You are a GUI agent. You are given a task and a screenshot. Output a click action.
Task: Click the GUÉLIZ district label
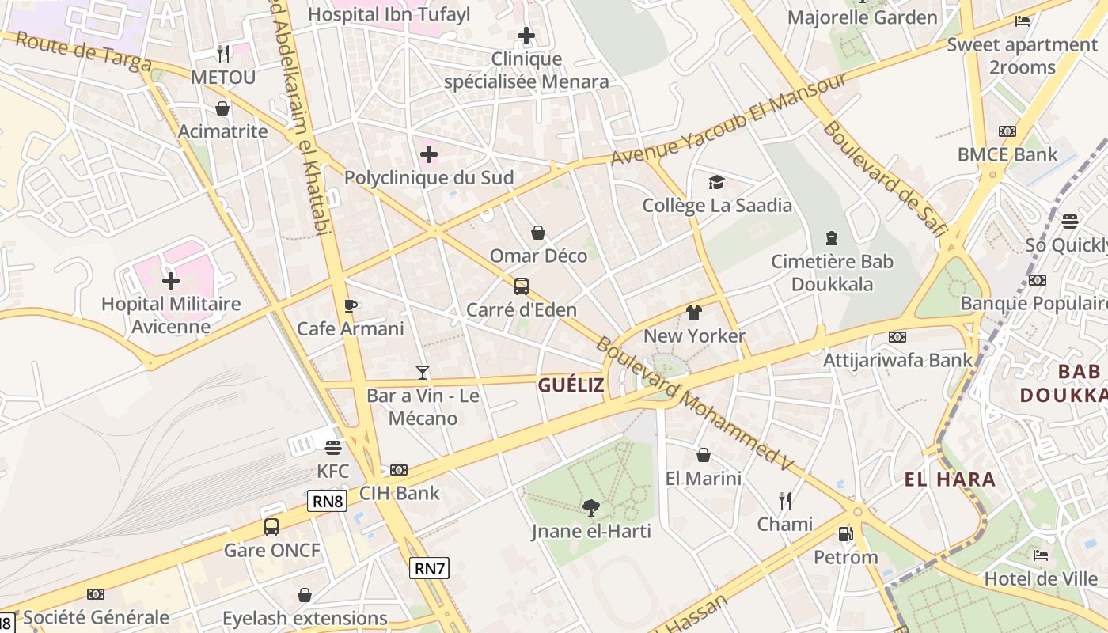click(571, 385)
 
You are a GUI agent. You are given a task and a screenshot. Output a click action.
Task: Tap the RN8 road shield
click(328, 501)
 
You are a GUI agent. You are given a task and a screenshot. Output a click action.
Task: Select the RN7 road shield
click(430, 567)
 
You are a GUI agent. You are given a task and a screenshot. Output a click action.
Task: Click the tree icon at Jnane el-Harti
click(590, 507)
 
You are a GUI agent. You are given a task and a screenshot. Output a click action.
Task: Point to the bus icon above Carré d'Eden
click(521, 286)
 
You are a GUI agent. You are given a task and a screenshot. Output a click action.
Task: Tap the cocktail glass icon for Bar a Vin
click(423, 372)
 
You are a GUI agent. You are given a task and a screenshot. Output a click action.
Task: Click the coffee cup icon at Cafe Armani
click(351, 305)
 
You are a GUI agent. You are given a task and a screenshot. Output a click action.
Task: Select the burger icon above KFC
click(332, 448)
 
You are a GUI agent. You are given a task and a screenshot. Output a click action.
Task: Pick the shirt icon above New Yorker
click(694, 313)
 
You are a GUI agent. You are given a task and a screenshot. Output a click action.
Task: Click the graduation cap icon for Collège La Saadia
click(716, 183)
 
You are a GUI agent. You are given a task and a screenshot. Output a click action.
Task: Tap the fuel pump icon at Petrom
click(845, 534)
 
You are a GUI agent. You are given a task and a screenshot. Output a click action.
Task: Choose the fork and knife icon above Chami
click(784, 500)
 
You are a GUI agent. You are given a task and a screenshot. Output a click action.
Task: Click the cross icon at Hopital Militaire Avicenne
click(170, 280)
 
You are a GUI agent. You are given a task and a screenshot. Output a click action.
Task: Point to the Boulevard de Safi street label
click(884, 179)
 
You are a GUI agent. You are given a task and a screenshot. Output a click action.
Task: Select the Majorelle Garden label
click(862, 17)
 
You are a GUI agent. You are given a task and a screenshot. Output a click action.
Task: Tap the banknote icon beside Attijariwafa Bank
click(897, 337)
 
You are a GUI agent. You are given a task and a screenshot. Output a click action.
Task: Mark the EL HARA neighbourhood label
click(950, 479)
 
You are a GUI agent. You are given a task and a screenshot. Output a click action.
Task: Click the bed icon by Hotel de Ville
click(1041, 555)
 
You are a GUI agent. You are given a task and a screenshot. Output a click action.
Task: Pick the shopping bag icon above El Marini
click(703, 455)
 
